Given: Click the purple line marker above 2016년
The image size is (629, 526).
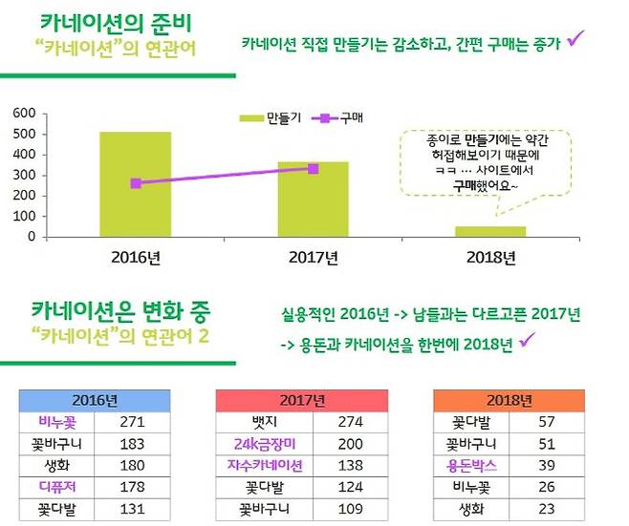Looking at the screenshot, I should pos(136,183).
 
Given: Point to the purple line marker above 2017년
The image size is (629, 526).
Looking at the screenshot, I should pos(314,169).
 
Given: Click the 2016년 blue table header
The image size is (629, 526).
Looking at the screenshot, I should pos(95,400).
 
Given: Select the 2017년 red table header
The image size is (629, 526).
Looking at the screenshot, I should pos(302,400).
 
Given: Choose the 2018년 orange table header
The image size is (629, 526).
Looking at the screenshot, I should pos(509,400).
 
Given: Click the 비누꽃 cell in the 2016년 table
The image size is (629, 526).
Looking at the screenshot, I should pos(56,421).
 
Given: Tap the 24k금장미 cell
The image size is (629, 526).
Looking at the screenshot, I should pos(265,444).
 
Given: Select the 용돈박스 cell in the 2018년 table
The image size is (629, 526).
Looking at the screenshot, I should pos(471,466).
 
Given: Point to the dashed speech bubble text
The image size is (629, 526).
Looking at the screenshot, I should pos(484,164).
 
